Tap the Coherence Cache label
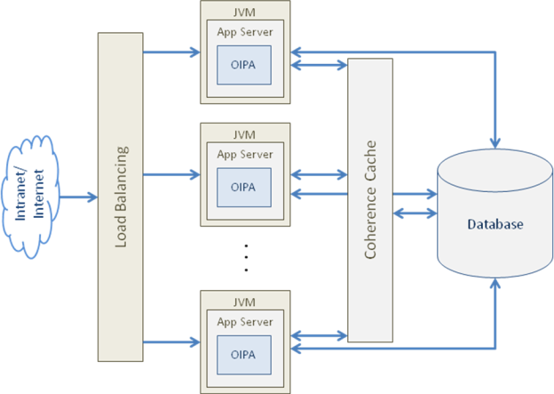370,199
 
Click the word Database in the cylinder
495,224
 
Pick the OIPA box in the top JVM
243,65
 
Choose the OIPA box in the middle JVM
243,187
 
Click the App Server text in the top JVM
244,32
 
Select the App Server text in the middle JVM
244,153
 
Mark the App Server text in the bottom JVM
244,321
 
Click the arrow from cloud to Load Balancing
79,197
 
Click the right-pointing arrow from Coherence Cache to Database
414,193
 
